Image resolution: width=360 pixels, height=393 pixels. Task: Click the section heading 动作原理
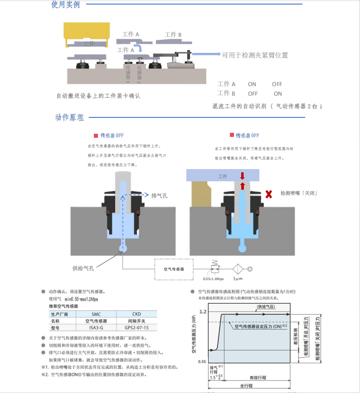tap(69, 117)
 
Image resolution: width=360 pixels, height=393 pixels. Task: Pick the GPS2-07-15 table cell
tap(136, 328)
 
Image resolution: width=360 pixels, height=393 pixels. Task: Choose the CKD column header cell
tap(136, 314)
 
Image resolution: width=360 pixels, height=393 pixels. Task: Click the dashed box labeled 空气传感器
tap(174, 269)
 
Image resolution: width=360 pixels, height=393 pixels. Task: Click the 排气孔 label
tap(159, 195)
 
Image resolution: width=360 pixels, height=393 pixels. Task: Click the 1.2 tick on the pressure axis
tap(203, 312)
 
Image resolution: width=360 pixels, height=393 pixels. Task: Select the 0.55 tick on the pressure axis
tap(202, 361)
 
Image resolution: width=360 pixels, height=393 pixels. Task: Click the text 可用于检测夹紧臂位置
tap(255, 55)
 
